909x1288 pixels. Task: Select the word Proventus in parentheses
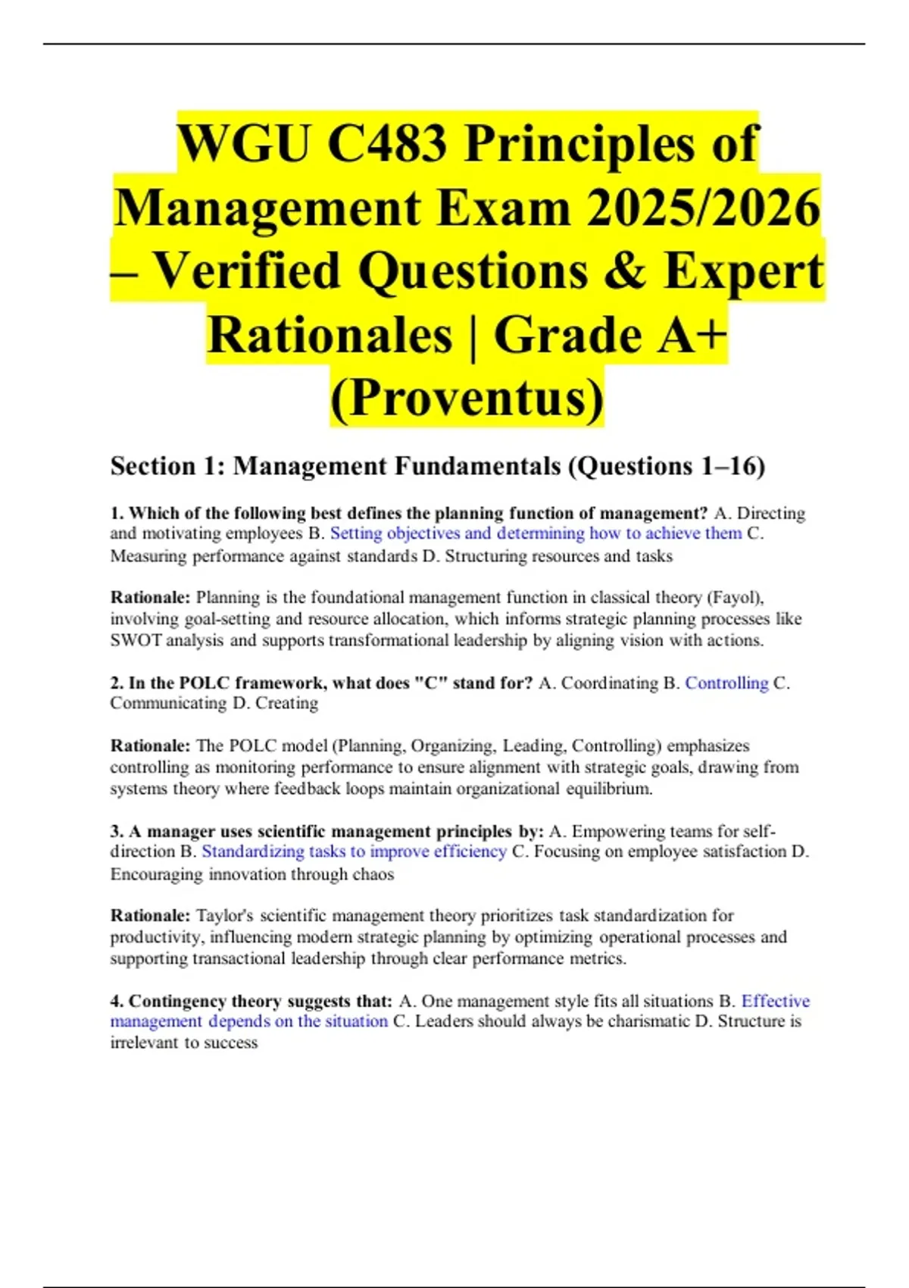467,398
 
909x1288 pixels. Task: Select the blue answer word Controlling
726,683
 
